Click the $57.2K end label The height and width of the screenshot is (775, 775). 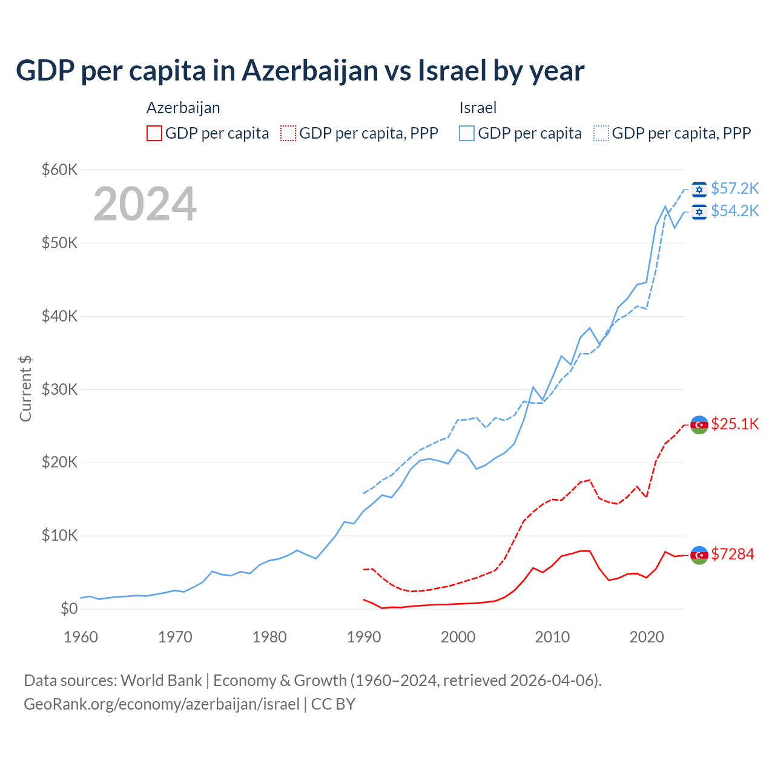point(734,189)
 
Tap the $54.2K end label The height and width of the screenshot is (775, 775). point(734,211)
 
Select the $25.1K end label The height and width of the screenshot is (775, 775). point(734,424)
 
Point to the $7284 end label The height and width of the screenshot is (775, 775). point(732,554)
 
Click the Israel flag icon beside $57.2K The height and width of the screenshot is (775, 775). point(699,190)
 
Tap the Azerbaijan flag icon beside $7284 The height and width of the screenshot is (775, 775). point(699,555)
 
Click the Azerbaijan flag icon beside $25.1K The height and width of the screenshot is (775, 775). point(699,424)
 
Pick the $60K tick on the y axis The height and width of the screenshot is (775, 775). point(59,170)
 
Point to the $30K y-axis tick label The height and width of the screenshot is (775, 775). point(59,389)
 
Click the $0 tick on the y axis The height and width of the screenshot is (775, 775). point(69,608)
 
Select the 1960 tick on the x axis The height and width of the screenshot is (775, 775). point(81,637)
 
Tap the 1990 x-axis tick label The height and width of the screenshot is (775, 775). point(364,637)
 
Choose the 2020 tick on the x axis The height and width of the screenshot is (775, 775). point(647,637)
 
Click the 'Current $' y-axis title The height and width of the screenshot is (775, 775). point(25,389)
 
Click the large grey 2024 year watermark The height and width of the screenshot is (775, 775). point(145,204)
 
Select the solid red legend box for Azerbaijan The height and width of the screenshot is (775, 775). point(154,133)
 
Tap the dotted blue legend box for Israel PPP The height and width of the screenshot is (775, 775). point(601,133)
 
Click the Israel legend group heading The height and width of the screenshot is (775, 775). point(478,108)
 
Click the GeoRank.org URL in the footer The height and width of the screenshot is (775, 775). point(162,704)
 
